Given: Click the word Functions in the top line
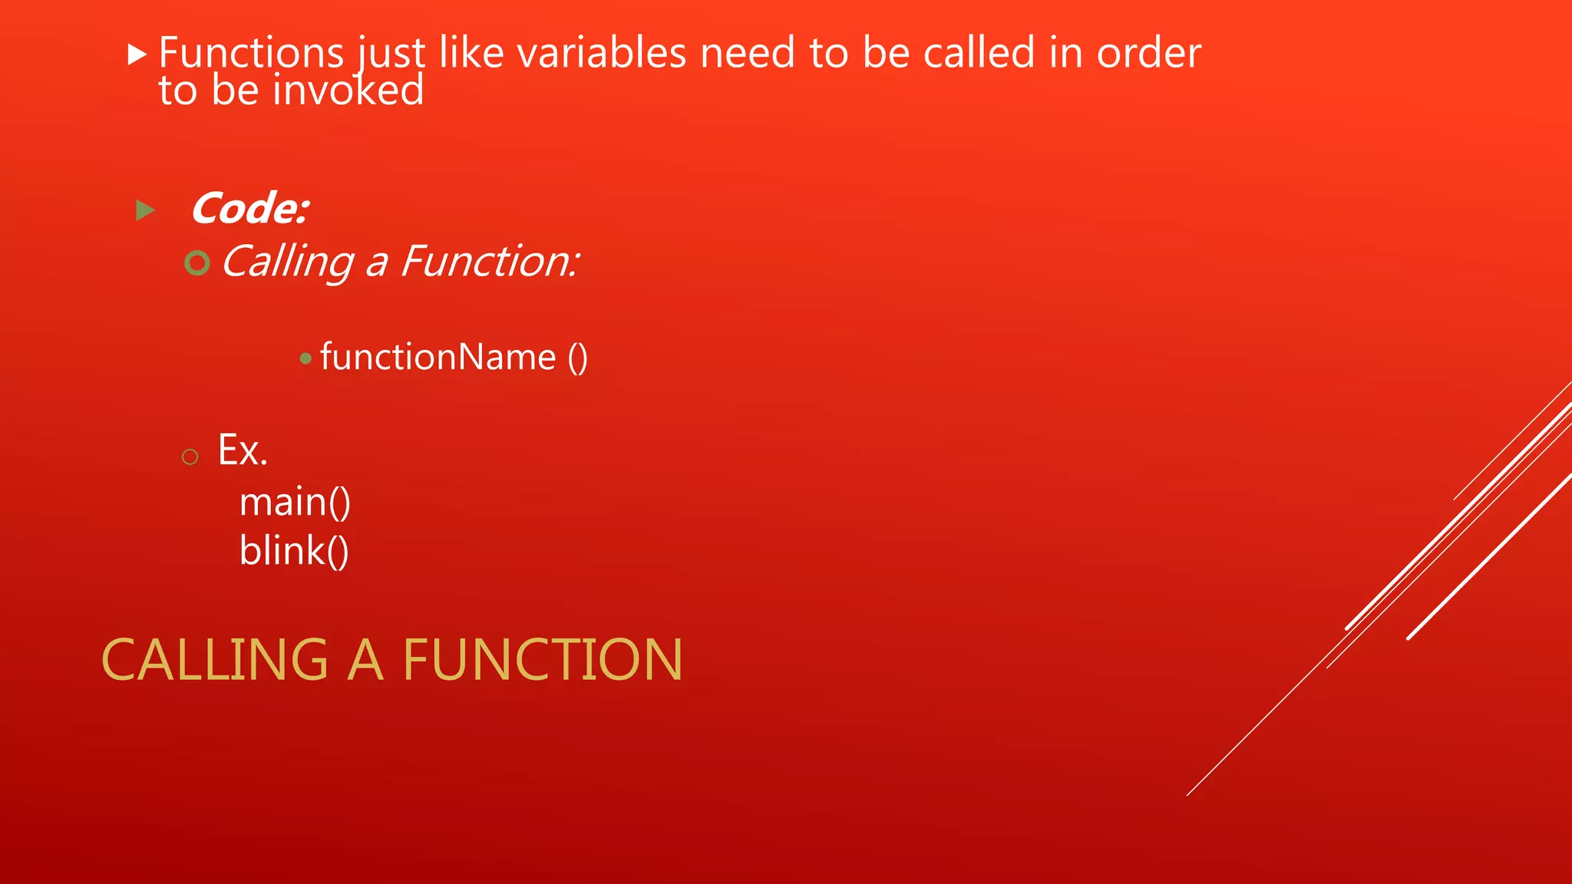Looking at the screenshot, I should point(251,53).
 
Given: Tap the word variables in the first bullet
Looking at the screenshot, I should point(601,53).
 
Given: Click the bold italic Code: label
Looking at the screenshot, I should point(250,209).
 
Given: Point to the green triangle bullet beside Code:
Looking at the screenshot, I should point(145,209).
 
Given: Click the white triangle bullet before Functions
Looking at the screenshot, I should point(137,54).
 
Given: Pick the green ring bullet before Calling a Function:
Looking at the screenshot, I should point(197,263).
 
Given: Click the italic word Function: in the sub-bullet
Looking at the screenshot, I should point(489,262).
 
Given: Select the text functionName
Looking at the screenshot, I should point(438,358).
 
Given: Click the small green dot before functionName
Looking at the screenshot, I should point(305,358).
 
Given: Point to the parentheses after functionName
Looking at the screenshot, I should point(578,358).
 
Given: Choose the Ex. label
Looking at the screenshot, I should point(243,450).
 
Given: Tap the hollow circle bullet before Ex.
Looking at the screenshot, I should point(190,457).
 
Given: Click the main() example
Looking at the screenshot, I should point(295,503).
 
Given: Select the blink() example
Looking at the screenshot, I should point(294,551).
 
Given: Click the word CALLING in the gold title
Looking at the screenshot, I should point(215,660).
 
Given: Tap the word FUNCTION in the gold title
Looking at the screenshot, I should point(542,660).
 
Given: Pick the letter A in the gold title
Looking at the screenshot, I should point(365,660).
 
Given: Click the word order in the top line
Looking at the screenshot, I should point(1148,53).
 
